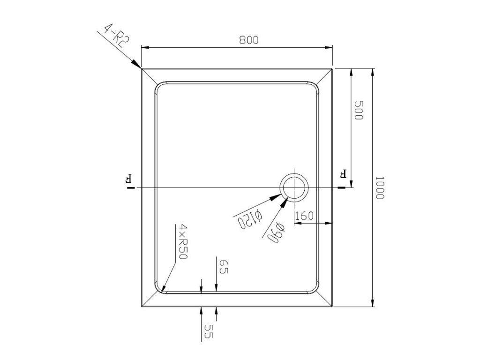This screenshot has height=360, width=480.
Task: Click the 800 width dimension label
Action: [x=249, y=40]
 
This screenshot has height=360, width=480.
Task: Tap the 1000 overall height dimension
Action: [x=379, y=187]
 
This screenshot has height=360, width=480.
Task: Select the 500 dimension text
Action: [x=359, y=110]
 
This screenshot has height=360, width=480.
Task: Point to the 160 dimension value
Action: [x=305, y=216]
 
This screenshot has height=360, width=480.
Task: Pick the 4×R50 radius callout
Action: [x=183, y=242]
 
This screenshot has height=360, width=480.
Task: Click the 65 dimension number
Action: [x=225, y=267]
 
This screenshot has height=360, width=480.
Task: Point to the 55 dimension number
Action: [x=209, y=331]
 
